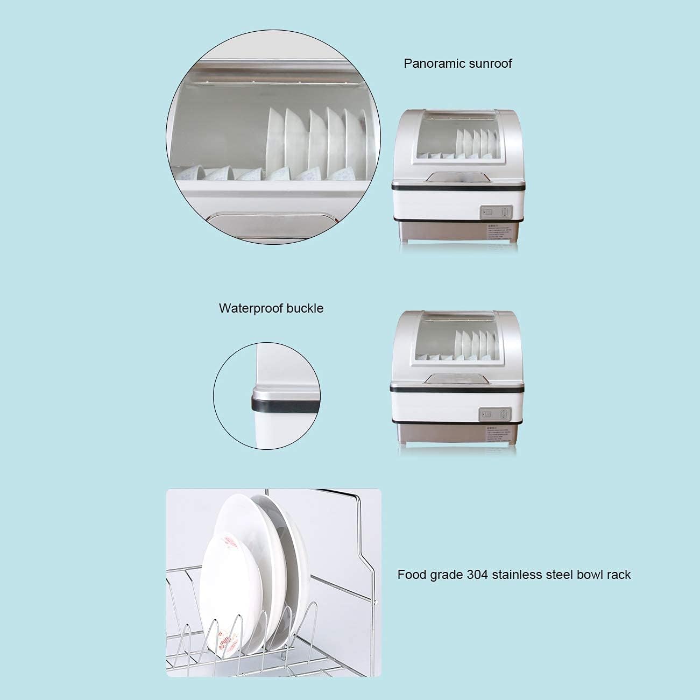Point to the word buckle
(x=305, y=308)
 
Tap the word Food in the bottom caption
(x=410, y=575)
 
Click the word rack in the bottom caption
(x=619, y=575)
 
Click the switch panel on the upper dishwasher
(x=493, y=212)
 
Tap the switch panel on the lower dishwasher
(x=493, y=414)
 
